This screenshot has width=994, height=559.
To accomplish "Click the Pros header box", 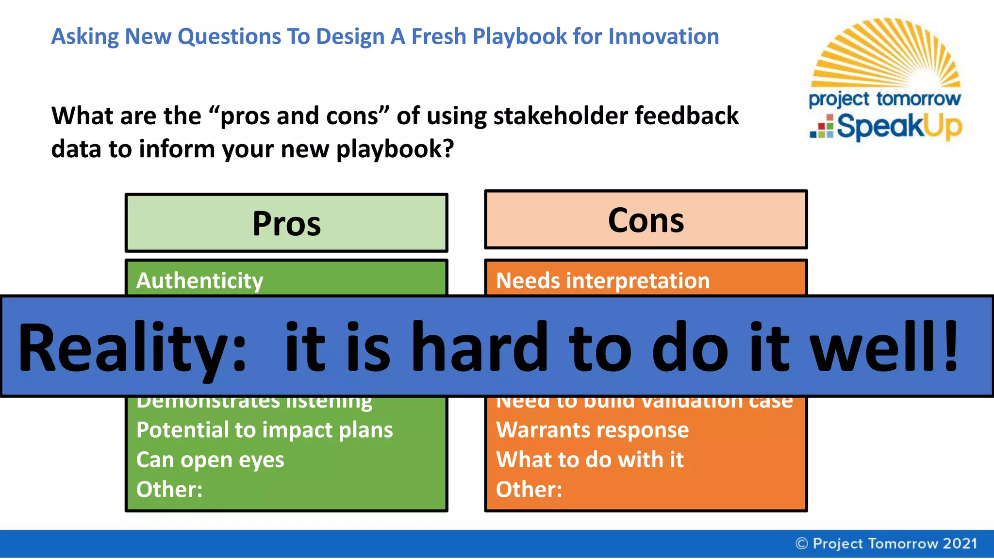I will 286,223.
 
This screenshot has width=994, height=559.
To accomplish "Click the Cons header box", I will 646,220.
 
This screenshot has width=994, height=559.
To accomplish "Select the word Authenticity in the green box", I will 199,280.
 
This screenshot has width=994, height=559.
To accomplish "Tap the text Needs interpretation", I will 603,280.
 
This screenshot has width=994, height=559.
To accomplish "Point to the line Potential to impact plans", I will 265,430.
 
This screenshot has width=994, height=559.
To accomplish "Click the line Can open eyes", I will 210,460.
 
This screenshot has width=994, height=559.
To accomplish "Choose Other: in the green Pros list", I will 169,489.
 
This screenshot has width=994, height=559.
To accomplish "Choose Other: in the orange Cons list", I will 529,489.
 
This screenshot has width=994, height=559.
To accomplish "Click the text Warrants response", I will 592,430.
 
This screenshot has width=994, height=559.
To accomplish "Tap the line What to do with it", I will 590,460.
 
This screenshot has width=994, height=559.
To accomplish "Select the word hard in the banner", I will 480,346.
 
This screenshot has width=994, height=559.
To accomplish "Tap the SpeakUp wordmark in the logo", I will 898,127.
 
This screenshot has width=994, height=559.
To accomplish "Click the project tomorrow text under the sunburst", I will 884,99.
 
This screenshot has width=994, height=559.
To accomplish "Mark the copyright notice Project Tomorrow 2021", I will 886,543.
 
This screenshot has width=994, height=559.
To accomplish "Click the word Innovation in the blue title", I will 663,36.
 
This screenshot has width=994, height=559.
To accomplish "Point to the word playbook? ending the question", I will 395,149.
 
